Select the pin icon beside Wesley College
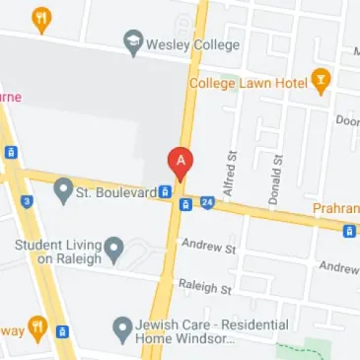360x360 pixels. pyautogui.click(x=133, y=42)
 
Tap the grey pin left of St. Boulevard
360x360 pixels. pyautogui.click(x=64, y=187)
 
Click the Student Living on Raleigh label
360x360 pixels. pyautogui.click(x=56, y=251)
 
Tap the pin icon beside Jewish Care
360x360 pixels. pyautogui.click(x=123, y=326)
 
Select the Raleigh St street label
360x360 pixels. pyautogui.click(x=204, y=289)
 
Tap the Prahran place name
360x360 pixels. pyautogui.click(x=335, y=209)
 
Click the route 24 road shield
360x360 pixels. pyautogui.click(x=207, y=203)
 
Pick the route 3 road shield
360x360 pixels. pyautogui.click(x=28, y=201)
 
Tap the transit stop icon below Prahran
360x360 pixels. pyautogui.click(x=348, y=232)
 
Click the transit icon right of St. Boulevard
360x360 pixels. pyautogui.click(x=167, y=192)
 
